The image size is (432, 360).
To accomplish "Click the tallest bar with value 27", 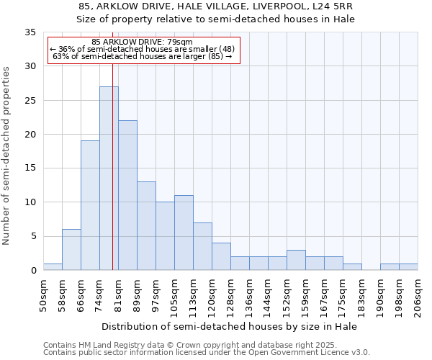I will point(109,179).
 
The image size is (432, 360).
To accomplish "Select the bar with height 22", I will point(127,195).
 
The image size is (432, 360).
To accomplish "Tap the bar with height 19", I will point(90,205).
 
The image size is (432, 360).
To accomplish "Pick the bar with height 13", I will point(146,225).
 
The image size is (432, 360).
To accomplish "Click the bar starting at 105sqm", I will point(184,233).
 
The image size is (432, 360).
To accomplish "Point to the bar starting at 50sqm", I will point(53,267).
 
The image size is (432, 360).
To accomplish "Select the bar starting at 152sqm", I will point(296,260).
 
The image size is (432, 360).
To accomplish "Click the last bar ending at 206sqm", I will point(408,267).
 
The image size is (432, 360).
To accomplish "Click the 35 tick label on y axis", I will point(30,32).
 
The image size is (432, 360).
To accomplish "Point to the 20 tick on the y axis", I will point(30,135).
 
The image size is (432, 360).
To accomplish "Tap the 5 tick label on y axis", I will point(33,236).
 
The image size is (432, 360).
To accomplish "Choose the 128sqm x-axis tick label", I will point(230,295).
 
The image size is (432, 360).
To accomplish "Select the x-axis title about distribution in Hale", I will point(230,326).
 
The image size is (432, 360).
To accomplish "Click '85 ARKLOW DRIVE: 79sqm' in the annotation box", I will point(143,42).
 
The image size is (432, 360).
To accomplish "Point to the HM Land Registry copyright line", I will point(205,345).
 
